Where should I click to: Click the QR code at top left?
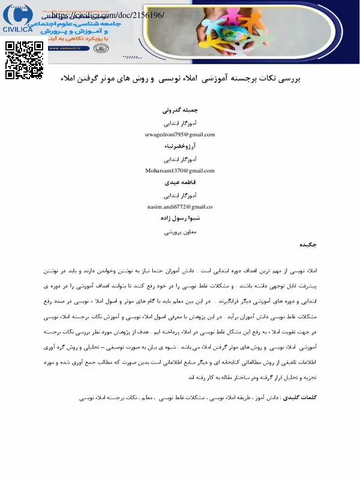click(25, 60)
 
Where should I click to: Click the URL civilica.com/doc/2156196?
click(109, 14)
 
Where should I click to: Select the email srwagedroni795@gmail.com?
click(180, 134)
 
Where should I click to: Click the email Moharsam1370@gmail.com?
click(180, 170)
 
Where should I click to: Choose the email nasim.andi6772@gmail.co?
click(180, 206)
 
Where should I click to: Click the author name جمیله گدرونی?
click(180, 111)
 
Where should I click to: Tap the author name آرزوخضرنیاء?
click(180, 147)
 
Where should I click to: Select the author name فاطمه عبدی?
click(180, 182)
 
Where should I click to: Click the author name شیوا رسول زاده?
click(180, 219)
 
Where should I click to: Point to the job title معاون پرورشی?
click(180, 231)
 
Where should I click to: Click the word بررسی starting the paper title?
click(287, 79)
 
